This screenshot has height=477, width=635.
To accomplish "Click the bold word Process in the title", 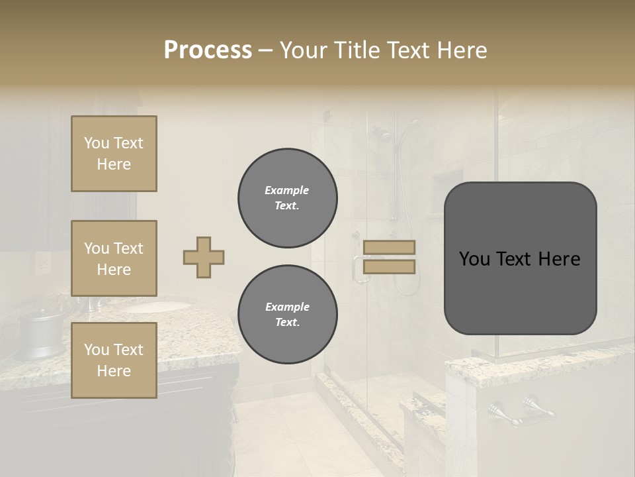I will point(208,50).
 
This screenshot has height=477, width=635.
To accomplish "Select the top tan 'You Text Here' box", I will point(114,154).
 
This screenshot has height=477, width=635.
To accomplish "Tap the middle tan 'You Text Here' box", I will point(114,258).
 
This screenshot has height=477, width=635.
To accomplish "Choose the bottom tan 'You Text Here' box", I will point(114,360).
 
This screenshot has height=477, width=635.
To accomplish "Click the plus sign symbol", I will point(204,257).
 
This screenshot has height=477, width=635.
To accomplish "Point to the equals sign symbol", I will point(390,257).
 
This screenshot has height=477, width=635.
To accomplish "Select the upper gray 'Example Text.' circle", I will point(287,198).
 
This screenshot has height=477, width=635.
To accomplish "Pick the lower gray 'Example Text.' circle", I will point(287,315).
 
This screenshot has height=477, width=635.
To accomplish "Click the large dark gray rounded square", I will point(520,258).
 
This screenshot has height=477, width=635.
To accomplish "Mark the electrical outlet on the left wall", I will point(42,264).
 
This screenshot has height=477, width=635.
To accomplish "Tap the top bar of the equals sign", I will point(390,247).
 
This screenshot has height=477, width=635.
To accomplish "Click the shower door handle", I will point(358,268).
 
